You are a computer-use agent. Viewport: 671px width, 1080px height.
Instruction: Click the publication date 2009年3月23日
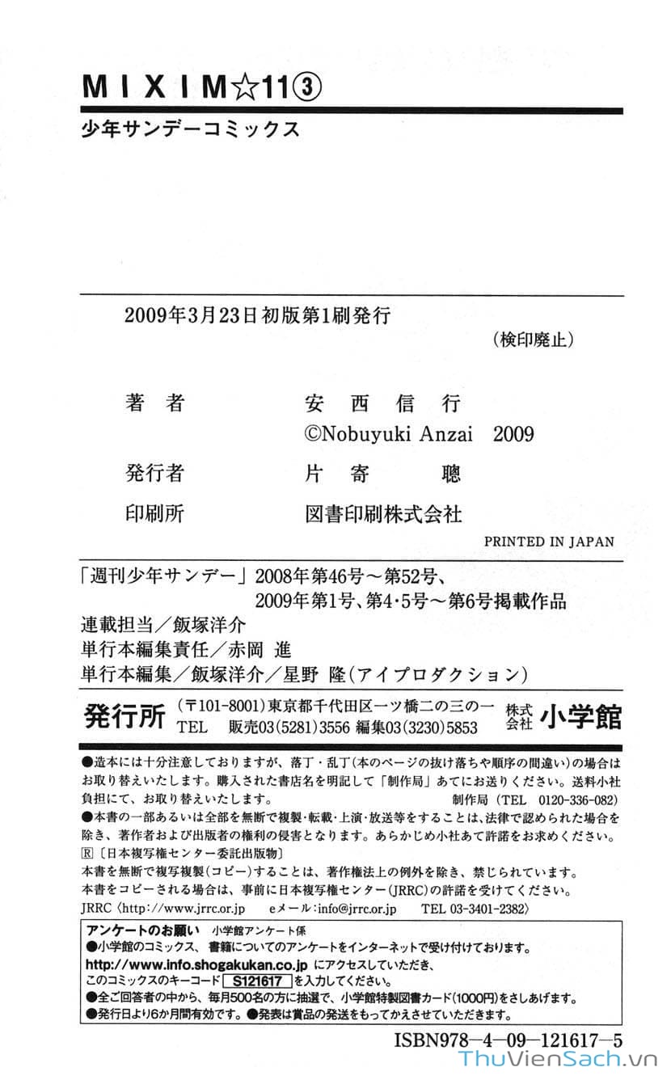coord(191,316)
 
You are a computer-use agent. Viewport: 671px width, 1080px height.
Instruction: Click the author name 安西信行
coord(380,403)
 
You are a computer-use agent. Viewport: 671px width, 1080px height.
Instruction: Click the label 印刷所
coord(154,513)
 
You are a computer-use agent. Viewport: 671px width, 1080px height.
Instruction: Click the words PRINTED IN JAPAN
coord(548,542)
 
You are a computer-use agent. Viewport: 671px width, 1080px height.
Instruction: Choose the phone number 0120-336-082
coord(578,799)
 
